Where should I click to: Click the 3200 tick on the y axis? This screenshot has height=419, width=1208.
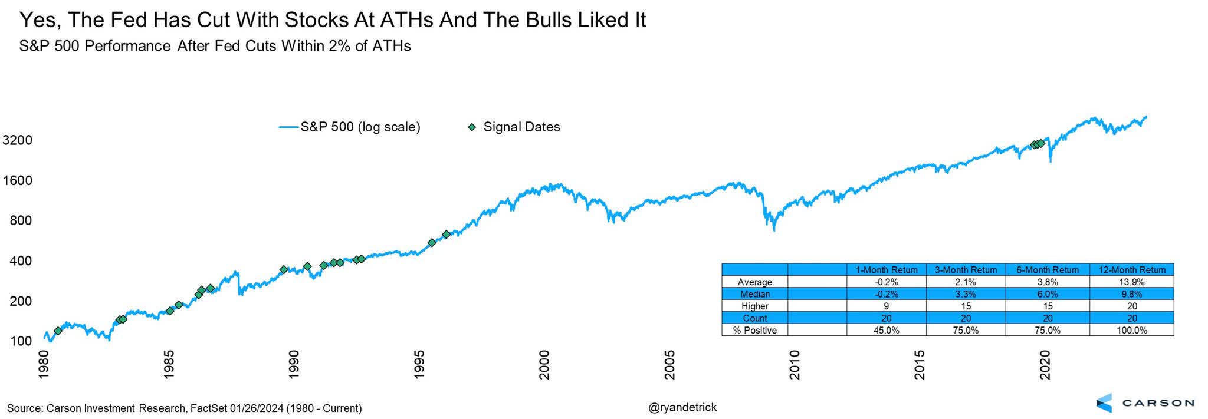[x=17, y=140]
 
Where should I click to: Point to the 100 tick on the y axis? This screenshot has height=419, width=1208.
[x=20, y=341]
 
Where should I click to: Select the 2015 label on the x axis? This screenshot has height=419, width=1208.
[x=920, y=365]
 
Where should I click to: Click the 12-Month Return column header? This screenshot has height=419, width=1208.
[x=1131, y=270]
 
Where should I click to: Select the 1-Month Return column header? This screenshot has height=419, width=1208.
[x=886, y=270]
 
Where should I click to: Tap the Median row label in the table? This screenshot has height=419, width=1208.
[x=755, y=294]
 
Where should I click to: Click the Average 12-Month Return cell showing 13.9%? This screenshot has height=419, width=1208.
[x=1131, y=282]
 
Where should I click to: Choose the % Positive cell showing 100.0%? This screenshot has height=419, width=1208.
[x=1131, y=331]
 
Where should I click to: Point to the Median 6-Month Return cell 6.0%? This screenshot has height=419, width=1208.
[x=1047, y=294]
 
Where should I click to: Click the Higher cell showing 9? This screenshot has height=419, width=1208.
[x=886, y=306]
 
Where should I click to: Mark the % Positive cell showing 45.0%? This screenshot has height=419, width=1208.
[x=886, y=331]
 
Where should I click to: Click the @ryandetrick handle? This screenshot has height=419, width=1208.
[x=682, y=407]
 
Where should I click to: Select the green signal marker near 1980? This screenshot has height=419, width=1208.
[x=58, y=331]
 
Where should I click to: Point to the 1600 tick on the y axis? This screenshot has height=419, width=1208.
[x=17, y=180]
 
